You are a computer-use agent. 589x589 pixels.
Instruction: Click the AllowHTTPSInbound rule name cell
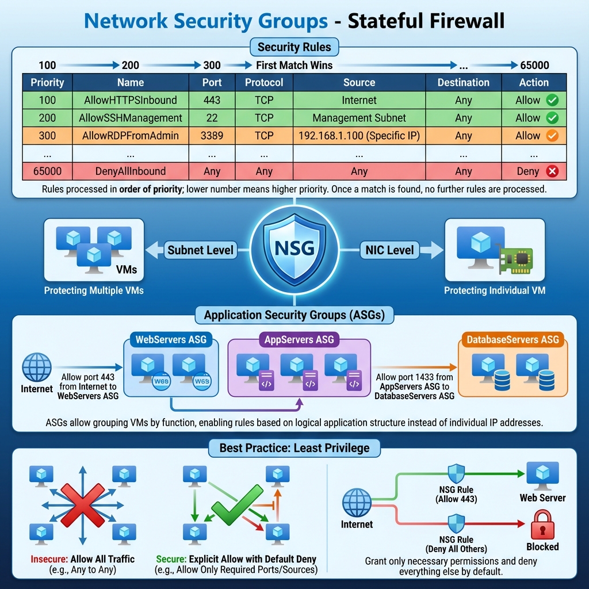131,100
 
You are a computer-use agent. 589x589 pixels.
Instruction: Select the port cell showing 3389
212,136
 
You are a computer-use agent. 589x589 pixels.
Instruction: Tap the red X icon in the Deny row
553,171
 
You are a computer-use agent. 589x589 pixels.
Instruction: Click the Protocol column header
264,82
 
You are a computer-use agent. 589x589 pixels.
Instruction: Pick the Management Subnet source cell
359,118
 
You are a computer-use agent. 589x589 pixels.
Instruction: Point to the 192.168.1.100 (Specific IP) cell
359,136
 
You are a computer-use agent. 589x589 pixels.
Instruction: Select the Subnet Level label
200,250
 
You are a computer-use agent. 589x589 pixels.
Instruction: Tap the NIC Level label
389,250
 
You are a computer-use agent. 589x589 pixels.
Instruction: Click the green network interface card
515,261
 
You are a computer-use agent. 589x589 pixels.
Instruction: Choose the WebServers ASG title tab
171,339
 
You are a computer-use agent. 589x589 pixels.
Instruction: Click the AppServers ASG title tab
299,339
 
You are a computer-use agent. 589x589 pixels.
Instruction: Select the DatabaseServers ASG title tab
512,339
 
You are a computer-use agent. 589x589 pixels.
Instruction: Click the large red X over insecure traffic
82,504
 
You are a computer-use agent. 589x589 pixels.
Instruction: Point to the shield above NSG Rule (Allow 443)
456,473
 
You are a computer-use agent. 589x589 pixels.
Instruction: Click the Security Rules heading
294,47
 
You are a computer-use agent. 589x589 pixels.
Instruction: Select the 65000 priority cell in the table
47,171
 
